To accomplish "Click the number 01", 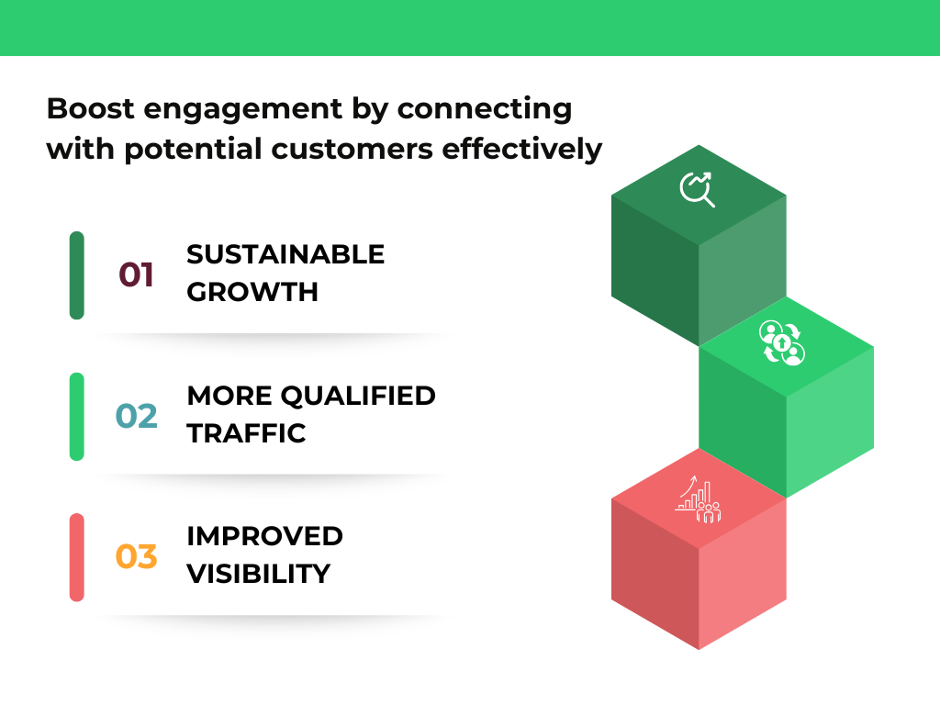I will coord(136,274).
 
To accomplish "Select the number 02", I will coord(137,416).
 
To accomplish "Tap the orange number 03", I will coord(137,556).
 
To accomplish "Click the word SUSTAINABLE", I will coord(285,254).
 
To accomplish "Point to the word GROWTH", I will coord(252,293).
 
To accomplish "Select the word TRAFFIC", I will coord(246,433).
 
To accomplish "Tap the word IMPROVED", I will coord(264,536).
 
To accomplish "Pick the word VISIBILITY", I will coord(258,574).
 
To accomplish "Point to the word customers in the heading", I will coord(367,148).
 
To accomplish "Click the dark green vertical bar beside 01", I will coord(77,275).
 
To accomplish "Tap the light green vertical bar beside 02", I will coord(77,416).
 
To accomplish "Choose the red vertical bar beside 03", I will coord(77,557).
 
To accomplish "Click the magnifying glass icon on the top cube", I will coord(697,188).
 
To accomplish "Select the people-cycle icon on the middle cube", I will coord(782,342).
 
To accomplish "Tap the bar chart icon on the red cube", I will coord(697,499).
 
